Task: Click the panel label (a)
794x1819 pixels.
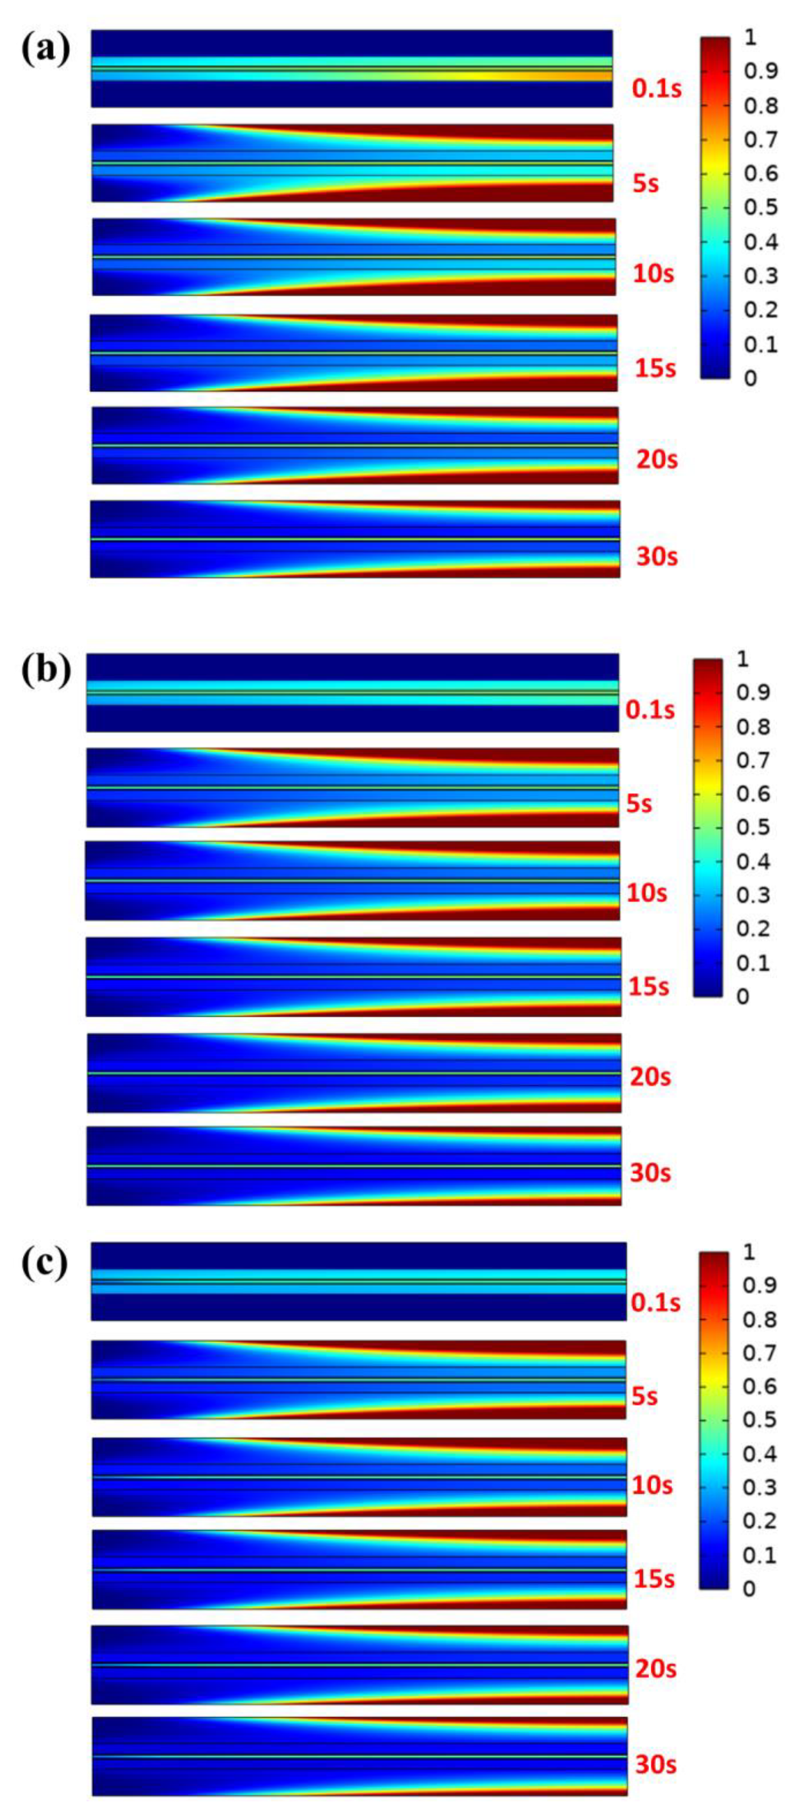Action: (46, 49)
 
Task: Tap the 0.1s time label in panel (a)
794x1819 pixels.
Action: (657, 89)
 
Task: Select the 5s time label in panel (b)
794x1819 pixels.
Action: (639, 804)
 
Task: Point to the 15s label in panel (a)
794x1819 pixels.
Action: (655, 368)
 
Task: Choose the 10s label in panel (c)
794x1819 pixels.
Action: (652, 1485)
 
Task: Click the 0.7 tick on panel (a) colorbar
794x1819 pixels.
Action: (761, 140)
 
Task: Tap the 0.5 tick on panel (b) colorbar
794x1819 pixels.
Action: (754, 827)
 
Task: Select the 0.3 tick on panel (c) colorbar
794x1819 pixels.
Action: (759, 1488)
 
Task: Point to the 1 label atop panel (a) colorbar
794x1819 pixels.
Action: (750, 37)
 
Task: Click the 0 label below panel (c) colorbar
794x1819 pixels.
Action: (748, 1589)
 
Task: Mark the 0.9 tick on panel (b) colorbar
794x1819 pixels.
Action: (754, 692)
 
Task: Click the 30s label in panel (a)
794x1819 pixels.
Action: (657, 556)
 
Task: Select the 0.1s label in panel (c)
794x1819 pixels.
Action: (656, 1303)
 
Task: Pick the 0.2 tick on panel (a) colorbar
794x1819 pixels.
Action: (761, 310)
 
